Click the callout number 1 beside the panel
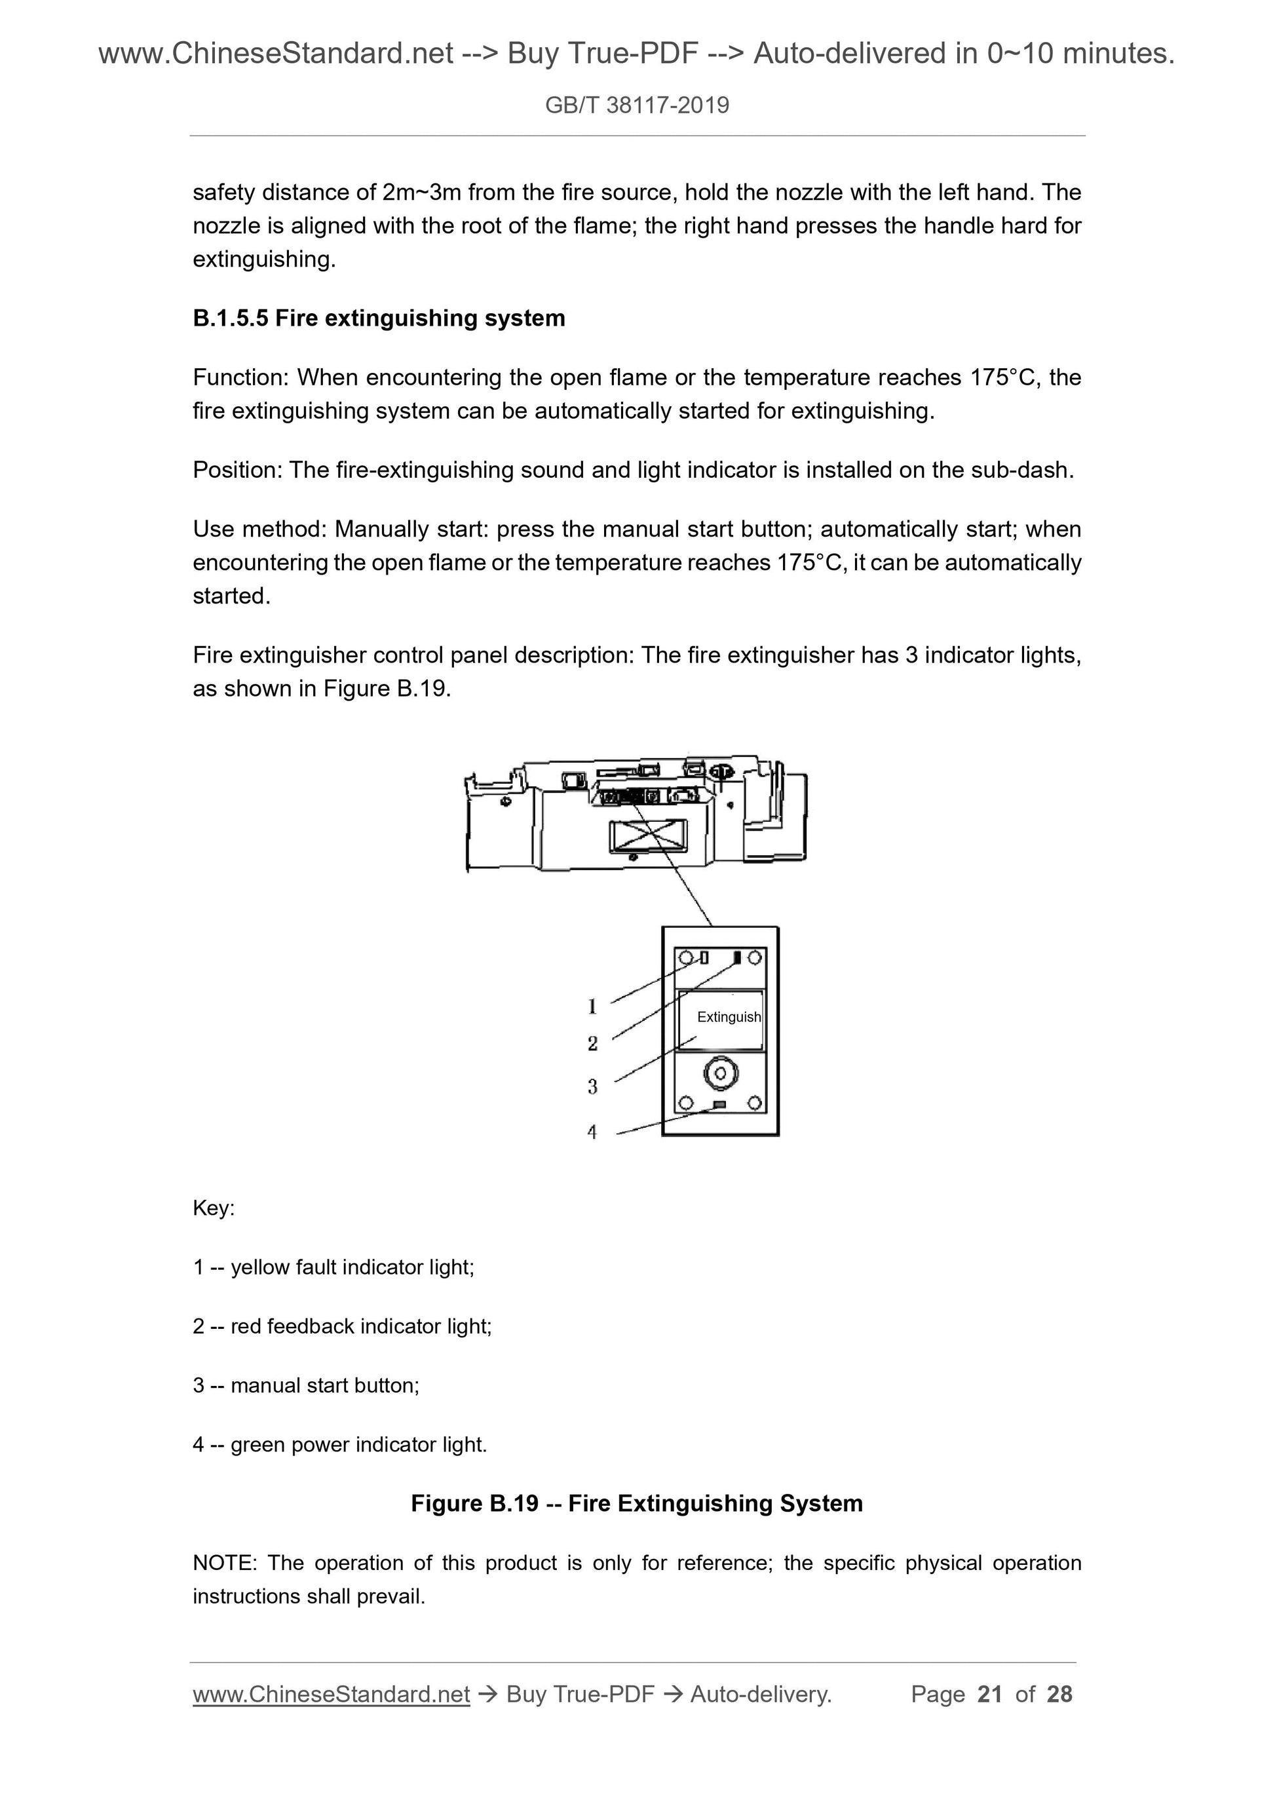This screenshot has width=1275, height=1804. pyautogui.click(x=592, y=1006)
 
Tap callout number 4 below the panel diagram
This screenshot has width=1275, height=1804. pyautogui.click(x=592, y=1132)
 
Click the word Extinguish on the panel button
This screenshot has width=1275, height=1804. pyautogui.click(x=728, y=1017)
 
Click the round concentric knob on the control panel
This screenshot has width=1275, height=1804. pyautogui.click(x=720, y=1073)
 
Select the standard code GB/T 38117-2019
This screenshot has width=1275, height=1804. pyautogui.click(x=637, y=106)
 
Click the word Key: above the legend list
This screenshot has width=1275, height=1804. pyautogui.click(x=214, y=1208)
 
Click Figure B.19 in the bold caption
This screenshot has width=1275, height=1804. pyautogui.click(x=474, y=1504)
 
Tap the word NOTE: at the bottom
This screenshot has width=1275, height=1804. pyautogui.click(x=225, y=1563)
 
